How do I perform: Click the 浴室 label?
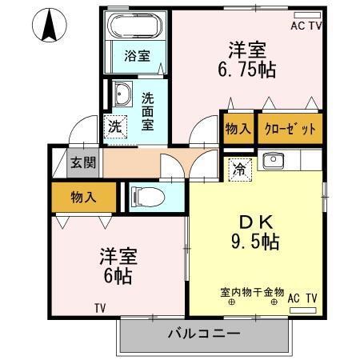click(137, 56)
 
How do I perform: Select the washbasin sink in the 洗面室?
click(122, 95)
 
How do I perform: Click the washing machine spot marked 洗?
click(116, 126)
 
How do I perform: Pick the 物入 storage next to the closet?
click(238, 128)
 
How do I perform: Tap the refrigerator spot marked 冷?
click(239, 169)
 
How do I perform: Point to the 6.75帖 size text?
click(247, 70)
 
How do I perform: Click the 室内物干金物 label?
click(253, 292)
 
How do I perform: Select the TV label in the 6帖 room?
click(100, 307)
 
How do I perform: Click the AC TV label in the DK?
click(303, 298)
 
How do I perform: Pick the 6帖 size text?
click(117, 277)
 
